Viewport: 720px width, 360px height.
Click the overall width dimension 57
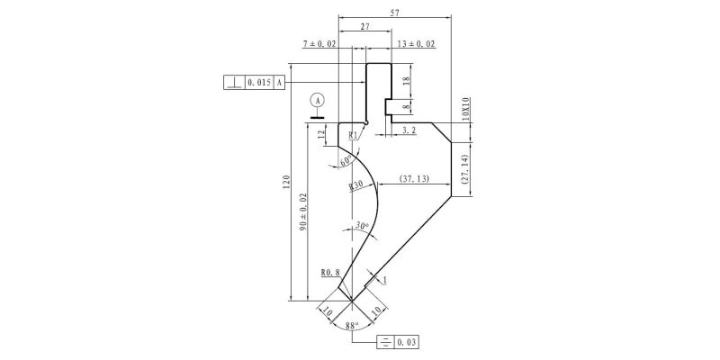tap(394, 13)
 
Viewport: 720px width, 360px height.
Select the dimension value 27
tap(365, 27)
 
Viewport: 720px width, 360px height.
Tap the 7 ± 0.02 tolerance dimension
tap(319, 44)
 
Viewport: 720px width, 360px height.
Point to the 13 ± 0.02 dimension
tap(417, 44)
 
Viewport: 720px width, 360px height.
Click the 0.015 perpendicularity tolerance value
tap(259, 83)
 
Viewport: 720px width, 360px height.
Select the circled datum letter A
tap(318, 100)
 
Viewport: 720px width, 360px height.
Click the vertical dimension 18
tap(406, 81)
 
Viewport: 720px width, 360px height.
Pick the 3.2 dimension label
tap(409, 130)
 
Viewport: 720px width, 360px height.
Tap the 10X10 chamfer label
tap(464, 109)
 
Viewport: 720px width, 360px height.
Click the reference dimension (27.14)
tap(464, 170)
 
